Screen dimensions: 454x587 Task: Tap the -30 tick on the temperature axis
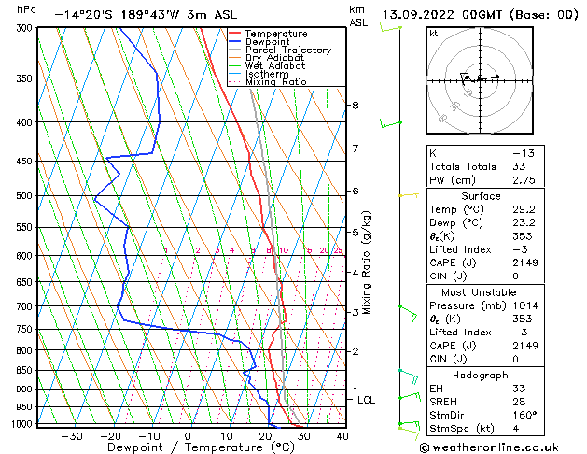click(x=72, y=435)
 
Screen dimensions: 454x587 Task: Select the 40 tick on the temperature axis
click(x=342, y=435)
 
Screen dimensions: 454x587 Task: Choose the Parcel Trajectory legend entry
click(x=287, y=50)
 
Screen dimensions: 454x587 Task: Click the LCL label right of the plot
click(x=366, y=400)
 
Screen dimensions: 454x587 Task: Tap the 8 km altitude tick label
click(x=355, y=106)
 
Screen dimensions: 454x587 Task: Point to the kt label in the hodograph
click(x=433, y=34)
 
